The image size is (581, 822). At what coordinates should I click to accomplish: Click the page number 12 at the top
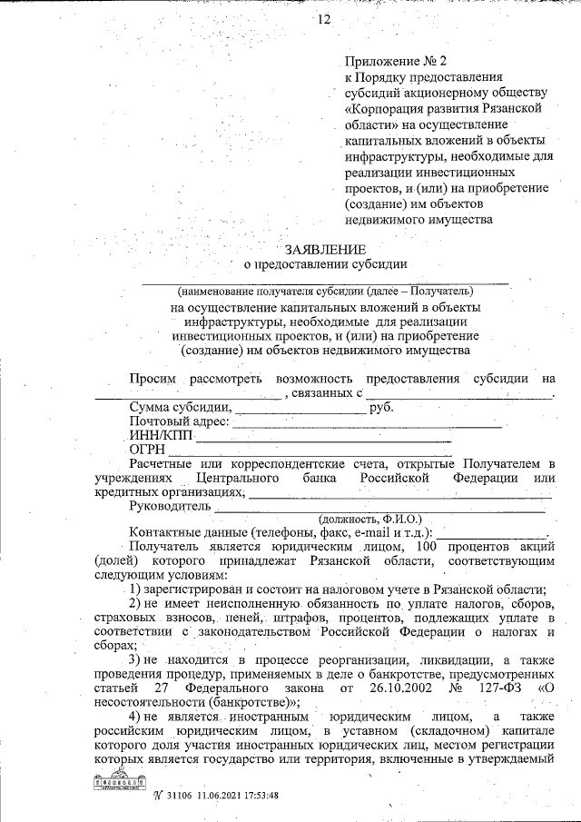pos(324,20)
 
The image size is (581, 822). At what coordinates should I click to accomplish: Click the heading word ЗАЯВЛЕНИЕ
pos(326,249)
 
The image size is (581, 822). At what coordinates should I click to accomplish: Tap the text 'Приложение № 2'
pos(389,62)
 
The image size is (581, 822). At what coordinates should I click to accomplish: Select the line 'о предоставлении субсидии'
pos(326,264)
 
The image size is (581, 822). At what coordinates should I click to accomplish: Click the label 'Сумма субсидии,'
pos(181,408)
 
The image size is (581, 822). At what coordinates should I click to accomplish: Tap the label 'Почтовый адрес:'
pos(181,422)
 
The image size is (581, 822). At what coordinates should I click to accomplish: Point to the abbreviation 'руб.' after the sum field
pos(380,408)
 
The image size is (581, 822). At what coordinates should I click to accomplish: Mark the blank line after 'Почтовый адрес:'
pos(369,424)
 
